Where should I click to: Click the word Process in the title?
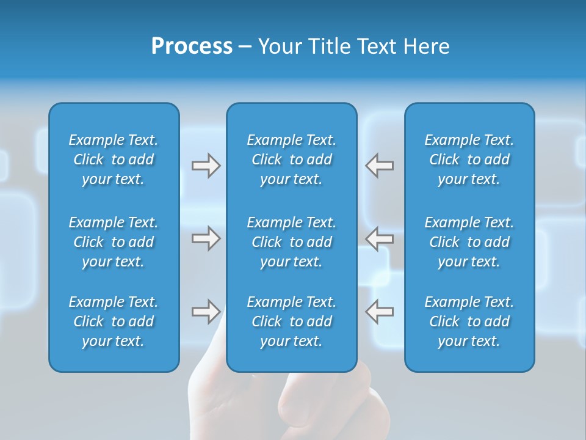[192, 46]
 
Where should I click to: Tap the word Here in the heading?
[425, 46]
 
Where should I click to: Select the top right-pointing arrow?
[206, 166]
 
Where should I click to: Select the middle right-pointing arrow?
[206, 238]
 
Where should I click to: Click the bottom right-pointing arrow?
[206, 312]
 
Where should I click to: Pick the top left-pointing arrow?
[380, 166]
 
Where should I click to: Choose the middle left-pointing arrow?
[380, 238]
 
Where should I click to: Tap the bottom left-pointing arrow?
[380, 312]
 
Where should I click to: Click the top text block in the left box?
[114, 159]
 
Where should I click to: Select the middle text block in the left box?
[114, 242]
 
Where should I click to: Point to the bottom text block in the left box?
[114, 321]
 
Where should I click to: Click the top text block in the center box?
[292, 159]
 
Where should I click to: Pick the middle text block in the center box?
[292, 242]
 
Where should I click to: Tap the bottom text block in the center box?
[292, 321]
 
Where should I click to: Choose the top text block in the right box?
[469, 159]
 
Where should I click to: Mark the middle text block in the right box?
[469, 242]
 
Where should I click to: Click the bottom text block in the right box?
[469, 321]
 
